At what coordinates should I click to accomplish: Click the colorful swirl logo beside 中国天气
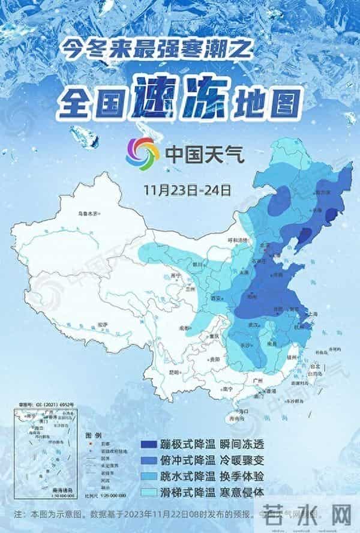point(142,153)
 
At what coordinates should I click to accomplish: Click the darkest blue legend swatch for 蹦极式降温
point(149,445)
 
